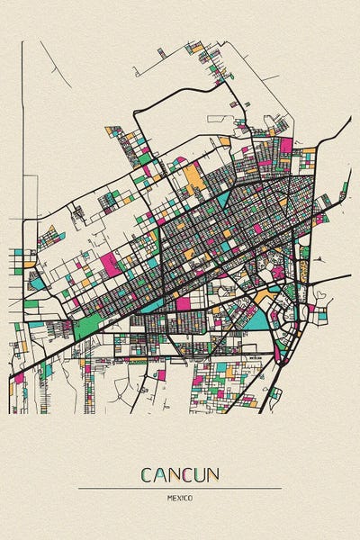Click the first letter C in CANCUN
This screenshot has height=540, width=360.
[x=146, y=473]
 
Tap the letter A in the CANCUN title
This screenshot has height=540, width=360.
[x=160, y=473]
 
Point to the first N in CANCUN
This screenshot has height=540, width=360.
[x=174, y=473]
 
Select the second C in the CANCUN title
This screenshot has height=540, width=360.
[x=187, y=473]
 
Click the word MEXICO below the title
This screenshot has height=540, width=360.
[x=180, y=496]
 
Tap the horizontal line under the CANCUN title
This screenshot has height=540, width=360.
[x=180, y=488]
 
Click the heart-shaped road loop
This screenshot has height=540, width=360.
[x=319, y=294]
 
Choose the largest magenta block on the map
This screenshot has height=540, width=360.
[x=111, y=264]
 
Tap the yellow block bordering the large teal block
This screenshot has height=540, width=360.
[x=263, y=296]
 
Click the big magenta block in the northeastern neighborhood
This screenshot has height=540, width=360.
[x=286, y=145]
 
